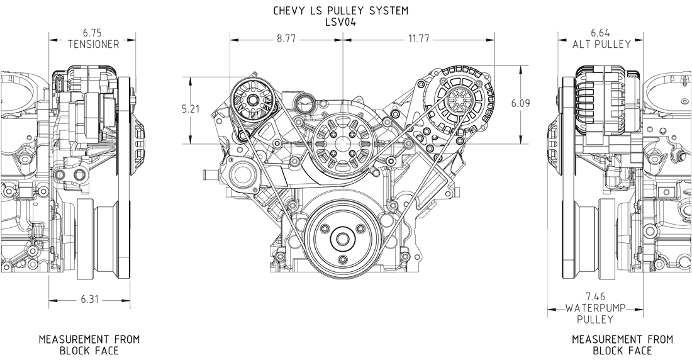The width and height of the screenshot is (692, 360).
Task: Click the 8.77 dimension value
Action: (x=286, y=39)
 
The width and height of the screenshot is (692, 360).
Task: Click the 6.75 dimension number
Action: (x=93, y=32)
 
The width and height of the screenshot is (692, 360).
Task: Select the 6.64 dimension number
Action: (x=600, y=32)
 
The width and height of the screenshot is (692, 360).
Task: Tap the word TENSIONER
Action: (x=93, y=44)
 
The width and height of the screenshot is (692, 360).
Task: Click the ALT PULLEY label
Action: (x=601, y=44)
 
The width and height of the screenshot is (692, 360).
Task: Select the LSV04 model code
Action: (x=340, y=21)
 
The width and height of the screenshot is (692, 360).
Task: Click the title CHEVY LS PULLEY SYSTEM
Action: (x=340, y=11)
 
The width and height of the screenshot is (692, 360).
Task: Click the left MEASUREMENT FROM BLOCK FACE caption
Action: (x=89, y=344)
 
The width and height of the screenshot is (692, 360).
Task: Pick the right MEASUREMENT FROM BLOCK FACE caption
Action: (x=622, y=344)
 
